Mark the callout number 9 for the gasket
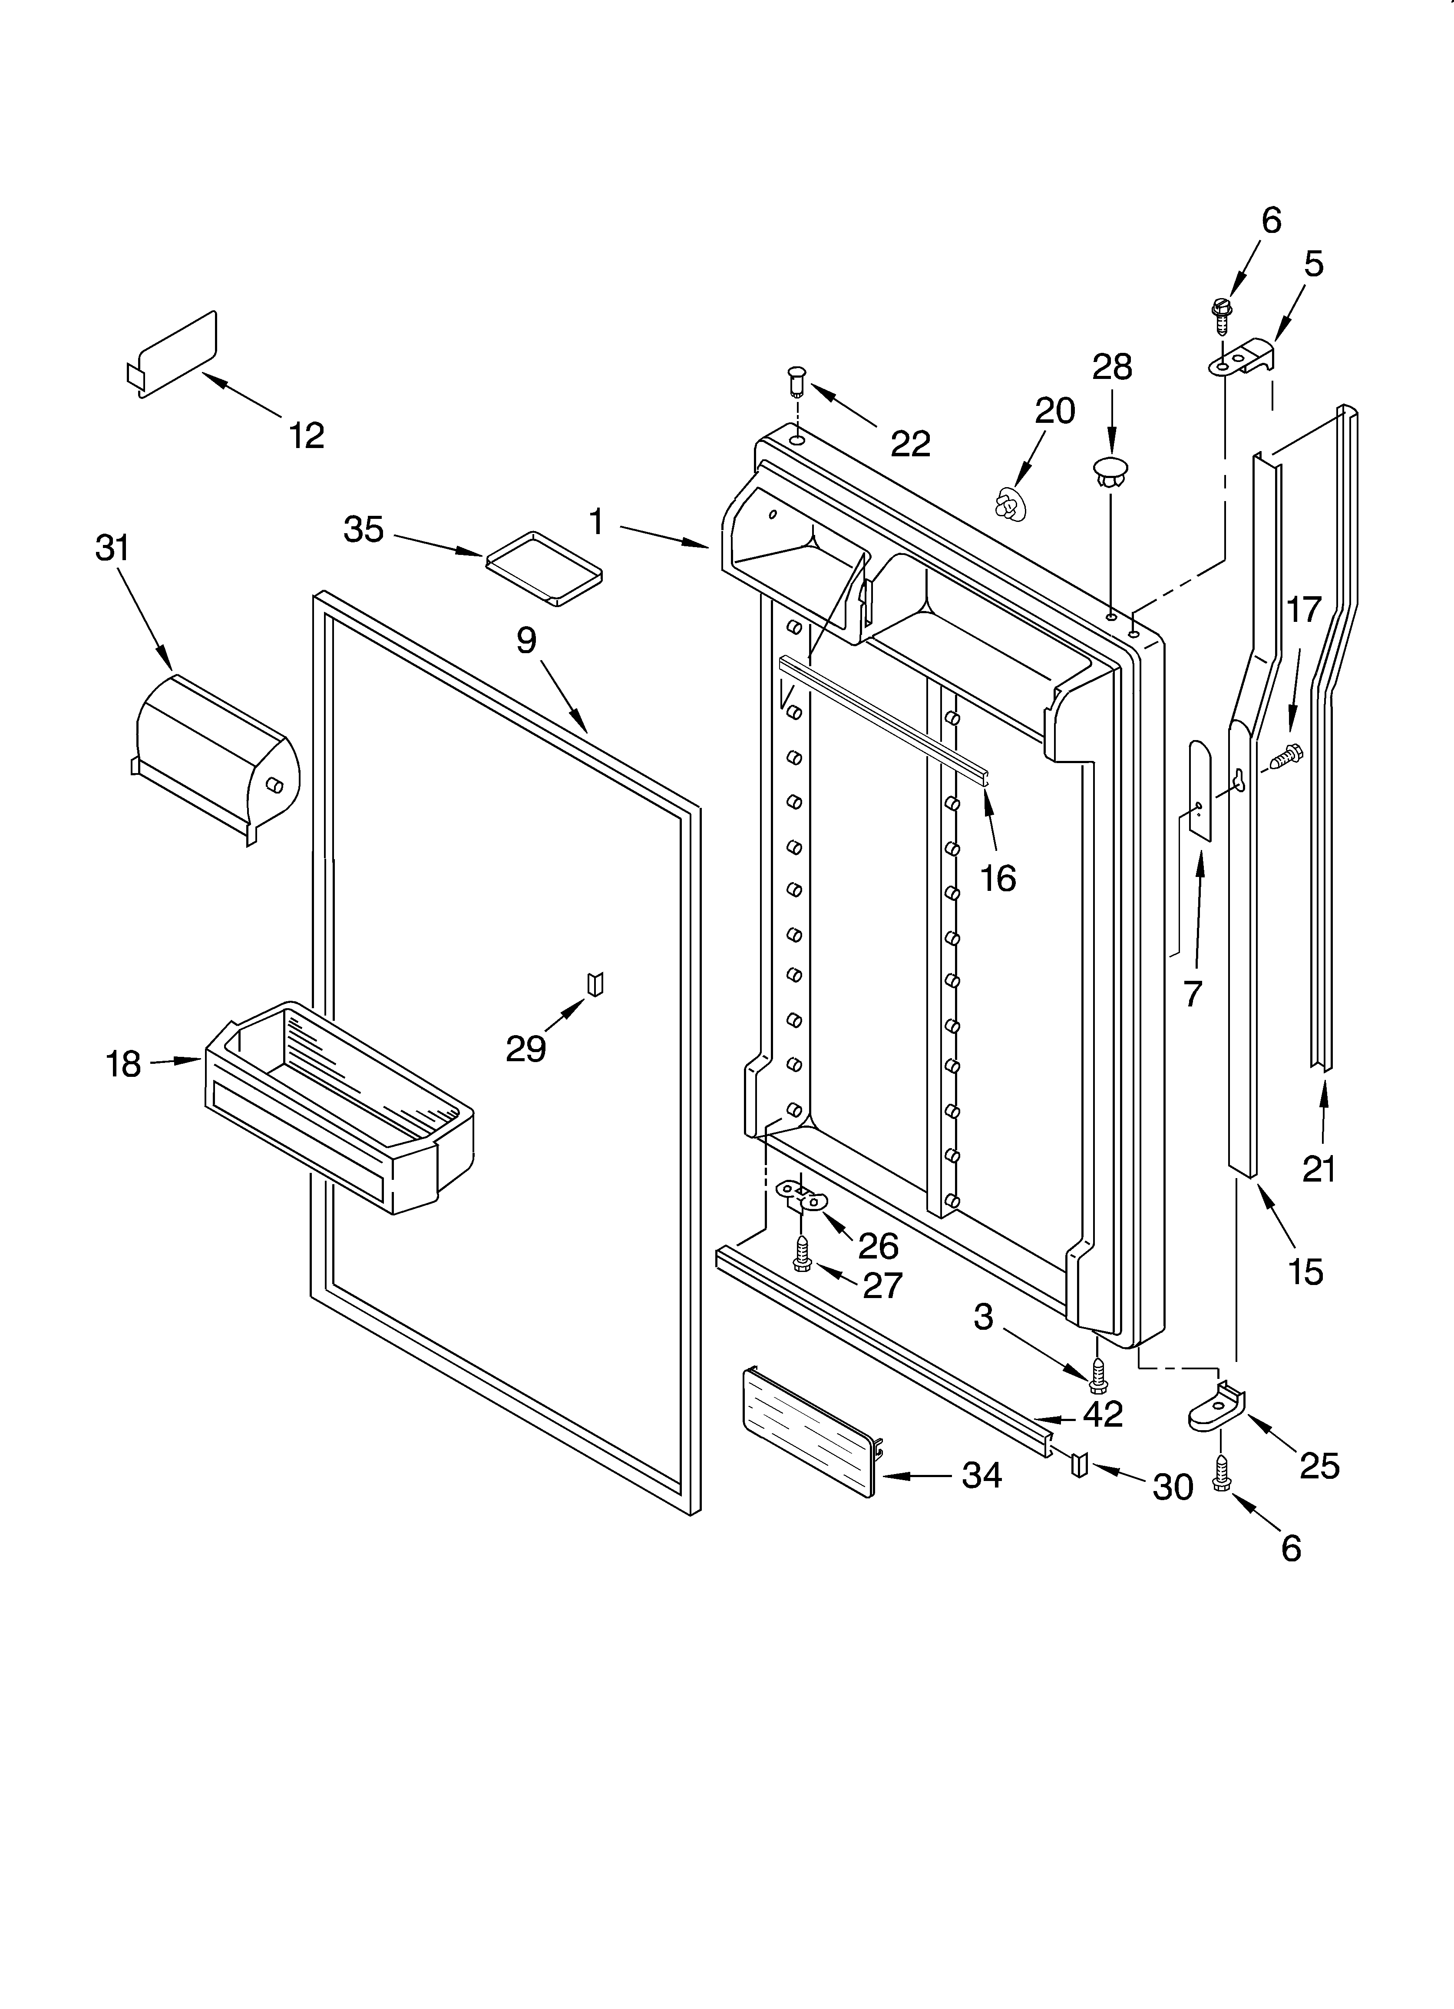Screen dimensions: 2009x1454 (x=527, y=640)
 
